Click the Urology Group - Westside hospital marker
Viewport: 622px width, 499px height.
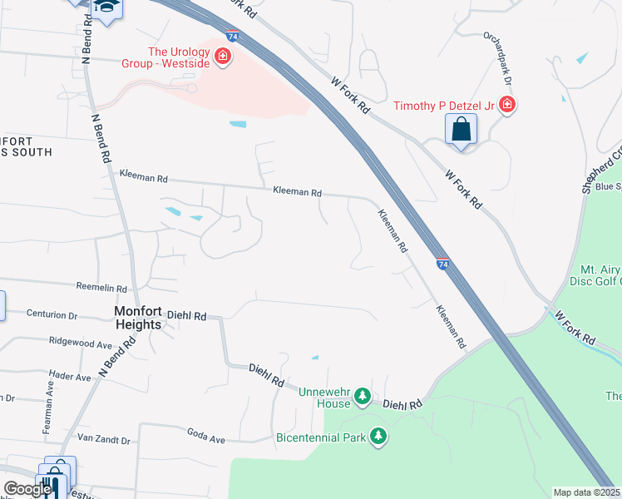222,57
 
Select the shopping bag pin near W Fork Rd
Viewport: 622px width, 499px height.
461,131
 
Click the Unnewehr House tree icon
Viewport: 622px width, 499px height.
362,397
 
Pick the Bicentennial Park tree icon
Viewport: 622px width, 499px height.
378,436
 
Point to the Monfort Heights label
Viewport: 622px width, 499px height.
138,318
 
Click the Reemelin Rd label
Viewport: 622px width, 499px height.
101,287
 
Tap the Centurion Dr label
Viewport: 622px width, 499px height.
52,316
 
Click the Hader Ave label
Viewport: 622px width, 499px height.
70,377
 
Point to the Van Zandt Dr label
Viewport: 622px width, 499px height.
103,438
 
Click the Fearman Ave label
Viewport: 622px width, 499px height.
47,413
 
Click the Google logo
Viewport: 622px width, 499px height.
27,489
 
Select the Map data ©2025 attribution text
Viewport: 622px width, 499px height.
587,492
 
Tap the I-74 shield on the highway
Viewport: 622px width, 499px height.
442,263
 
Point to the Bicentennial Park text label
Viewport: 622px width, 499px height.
321,437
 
